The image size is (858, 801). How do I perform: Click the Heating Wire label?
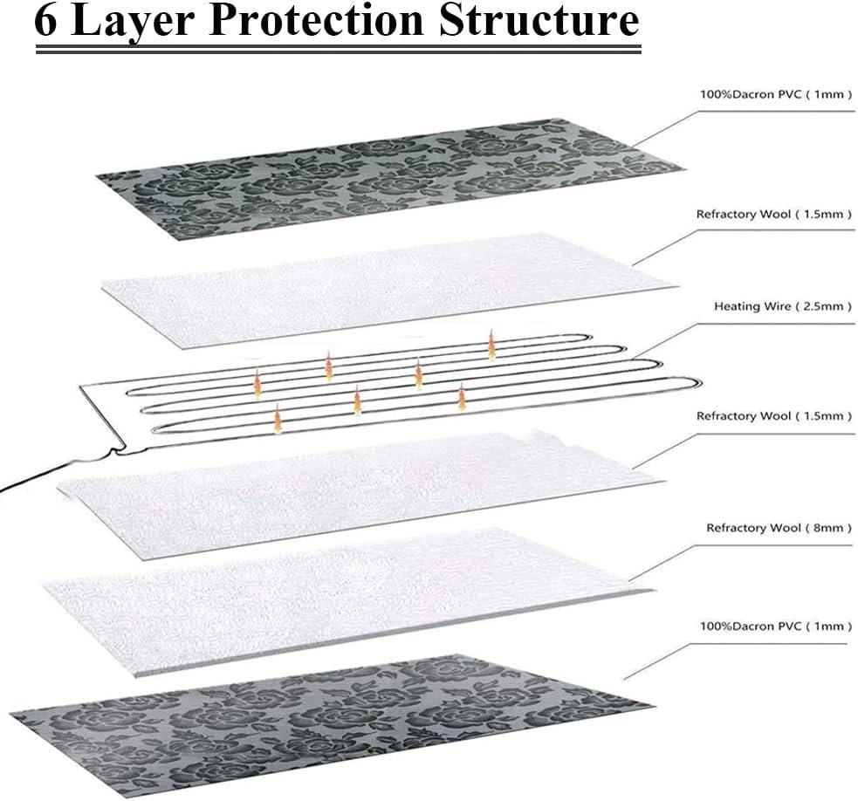tap(752, 306)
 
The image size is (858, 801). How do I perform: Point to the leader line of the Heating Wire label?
tap(663, 340)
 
